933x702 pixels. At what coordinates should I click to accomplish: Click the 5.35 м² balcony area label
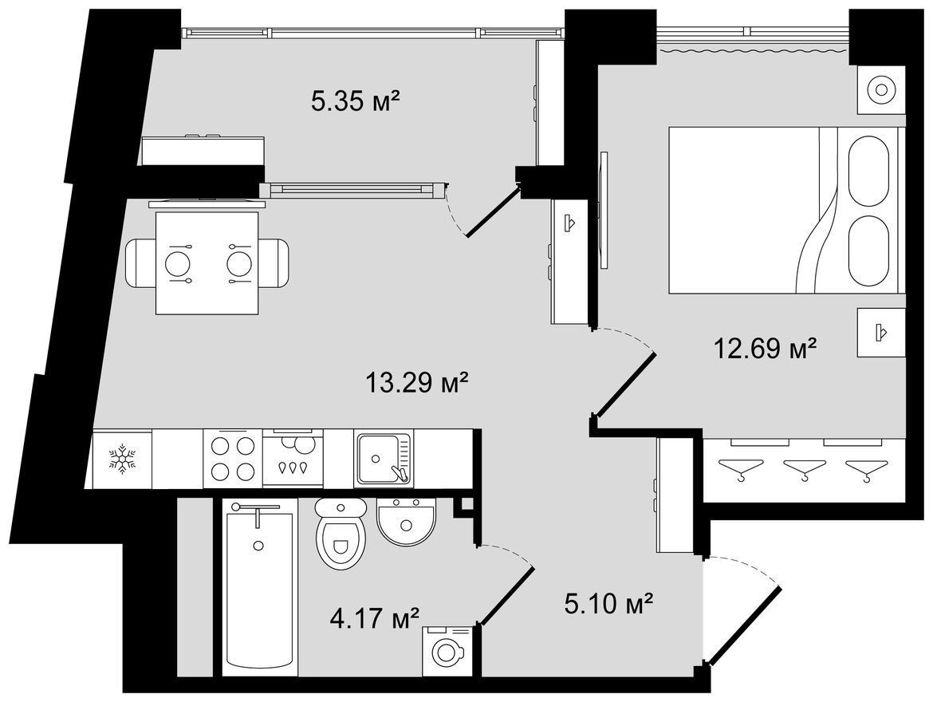[355, 102]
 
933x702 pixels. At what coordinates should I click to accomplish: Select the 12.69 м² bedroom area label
[764, 349]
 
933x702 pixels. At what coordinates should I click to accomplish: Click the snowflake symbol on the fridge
[122, 459]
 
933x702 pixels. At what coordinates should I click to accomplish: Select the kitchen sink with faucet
[384, 459]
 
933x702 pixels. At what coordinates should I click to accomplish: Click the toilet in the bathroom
[340, 534]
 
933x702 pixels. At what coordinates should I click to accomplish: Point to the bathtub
[259, 587]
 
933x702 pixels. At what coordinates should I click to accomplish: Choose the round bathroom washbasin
[407, 522]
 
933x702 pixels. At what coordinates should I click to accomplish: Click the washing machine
[447, 651]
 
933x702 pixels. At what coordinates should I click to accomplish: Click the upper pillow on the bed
[868, 172]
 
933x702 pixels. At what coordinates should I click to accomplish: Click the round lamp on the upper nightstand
[881, 90]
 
